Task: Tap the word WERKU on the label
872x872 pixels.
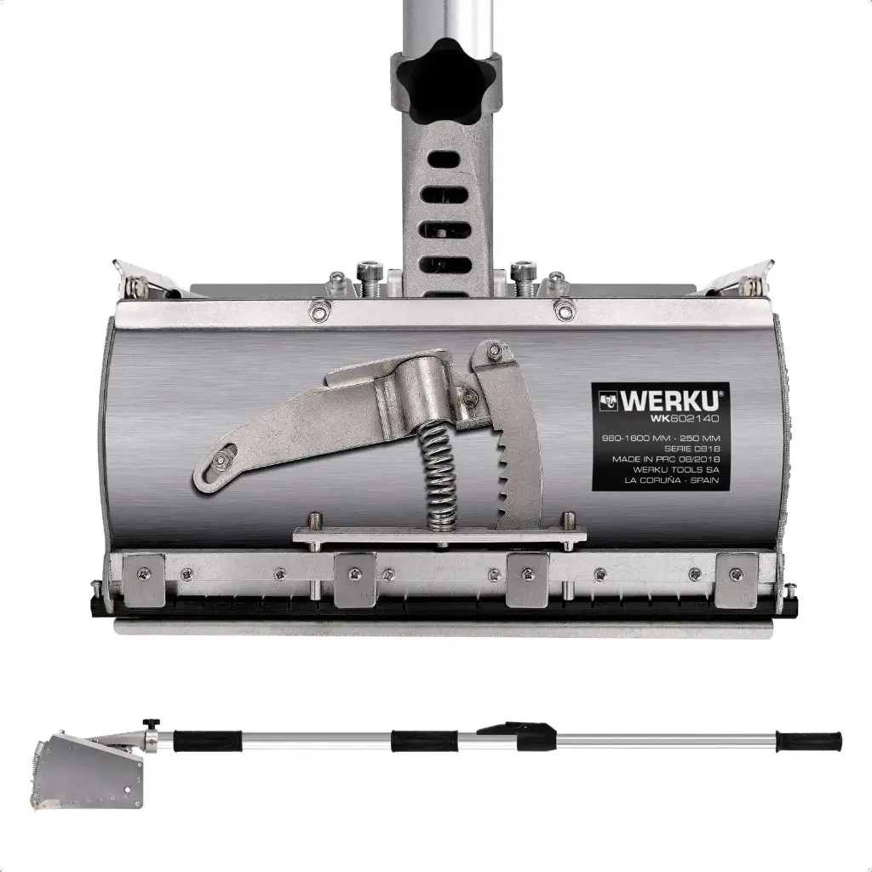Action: [672, 400]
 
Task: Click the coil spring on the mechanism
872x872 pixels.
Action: [440, 473]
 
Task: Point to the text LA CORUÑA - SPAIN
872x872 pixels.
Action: [671, 480]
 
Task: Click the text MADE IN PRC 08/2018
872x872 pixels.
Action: [666, 459]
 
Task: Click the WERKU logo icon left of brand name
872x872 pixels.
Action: [609, 400]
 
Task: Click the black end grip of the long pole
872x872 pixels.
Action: [809, 740]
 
